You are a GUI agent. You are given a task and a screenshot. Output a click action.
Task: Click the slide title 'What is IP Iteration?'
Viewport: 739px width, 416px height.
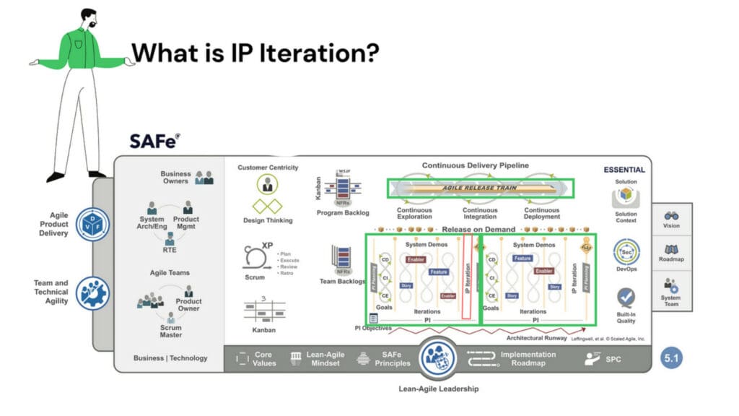255,52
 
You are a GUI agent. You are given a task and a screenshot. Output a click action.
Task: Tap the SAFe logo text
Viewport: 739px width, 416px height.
154,140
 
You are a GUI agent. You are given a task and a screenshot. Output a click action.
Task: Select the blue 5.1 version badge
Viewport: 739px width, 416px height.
672,357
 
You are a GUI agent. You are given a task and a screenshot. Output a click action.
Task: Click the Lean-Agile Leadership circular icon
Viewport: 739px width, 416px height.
438,356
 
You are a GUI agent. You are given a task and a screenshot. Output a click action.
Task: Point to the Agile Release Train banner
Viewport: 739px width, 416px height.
481,188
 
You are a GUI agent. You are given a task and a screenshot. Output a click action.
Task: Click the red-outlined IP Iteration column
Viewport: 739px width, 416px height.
467,275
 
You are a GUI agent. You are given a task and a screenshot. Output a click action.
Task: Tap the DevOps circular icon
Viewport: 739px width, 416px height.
626,253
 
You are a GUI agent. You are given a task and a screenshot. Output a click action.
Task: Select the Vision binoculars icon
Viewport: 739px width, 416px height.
670,215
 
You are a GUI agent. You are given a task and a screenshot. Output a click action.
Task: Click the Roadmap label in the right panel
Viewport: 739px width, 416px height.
670,259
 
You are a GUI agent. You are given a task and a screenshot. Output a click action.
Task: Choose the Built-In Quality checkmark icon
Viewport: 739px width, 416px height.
626,297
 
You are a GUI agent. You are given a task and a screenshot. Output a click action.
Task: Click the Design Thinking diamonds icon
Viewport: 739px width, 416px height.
267,205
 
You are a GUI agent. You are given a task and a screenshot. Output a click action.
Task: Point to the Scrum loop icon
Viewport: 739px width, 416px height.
254,256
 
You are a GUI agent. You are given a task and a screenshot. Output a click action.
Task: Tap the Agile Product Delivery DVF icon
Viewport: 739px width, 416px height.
92,223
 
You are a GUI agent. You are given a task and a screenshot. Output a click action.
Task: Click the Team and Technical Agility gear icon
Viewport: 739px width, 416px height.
92,292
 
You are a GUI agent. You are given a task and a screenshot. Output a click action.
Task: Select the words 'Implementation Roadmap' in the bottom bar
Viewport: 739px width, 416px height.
528,358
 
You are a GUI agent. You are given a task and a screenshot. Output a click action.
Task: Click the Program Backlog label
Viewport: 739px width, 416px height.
343,213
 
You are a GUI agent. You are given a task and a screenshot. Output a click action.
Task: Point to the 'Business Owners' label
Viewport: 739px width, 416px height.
176,177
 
